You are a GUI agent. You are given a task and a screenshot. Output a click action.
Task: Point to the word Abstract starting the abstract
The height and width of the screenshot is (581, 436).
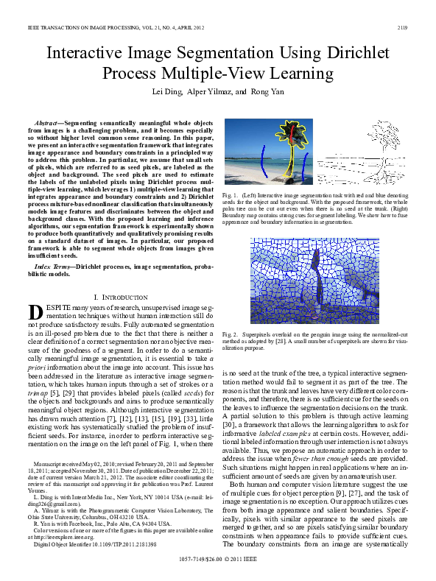pos(49,120)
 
